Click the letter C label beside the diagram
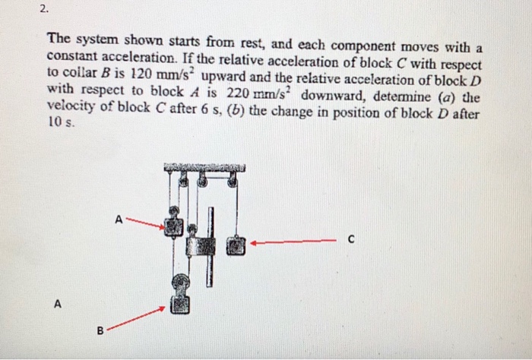[352, 243]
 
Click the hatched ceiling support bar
[204, 167]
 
